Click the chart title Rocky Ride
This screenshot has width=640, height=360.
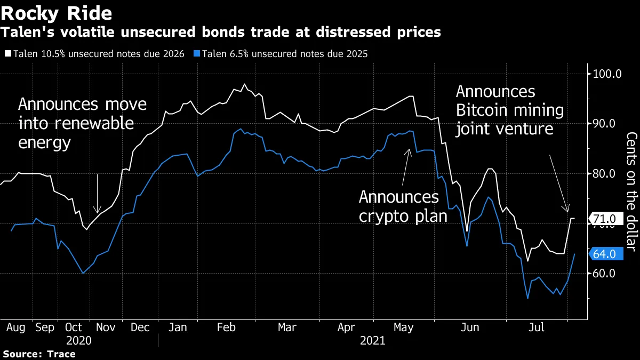(55, 13)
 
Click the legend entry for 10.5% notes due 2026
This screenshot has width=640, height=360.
(96, 54)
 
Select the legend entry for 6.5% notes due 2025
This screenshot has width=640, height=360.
(283, 54)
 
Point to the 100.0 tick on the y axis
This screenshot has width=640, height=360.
(607, 74)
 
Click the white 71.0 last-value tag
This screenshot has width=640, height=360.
(605, 219)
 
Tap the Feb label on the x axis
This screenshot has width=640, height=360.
(227, 327)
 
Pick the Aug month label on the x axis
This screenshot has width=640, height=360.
(15, 327)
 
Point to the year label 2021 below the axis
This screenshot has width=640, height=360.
(372, 340)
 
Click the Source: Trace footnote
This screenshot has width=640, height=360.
(39, 354)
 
